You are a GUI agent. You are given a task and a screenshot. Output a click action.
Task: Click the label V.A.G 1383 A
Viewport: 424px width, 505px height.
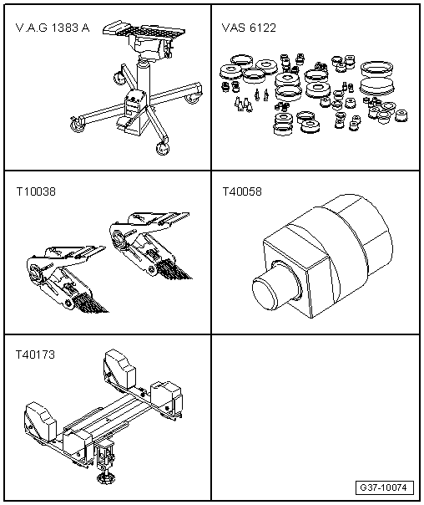coord(53,28)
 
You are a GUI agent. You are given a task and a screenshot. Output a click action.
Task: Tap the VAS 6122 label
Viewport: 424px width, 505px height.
coord(249,28)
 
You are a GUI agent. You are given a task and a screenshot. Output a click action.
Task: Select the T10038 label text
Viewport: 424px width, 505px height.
coord(36,192)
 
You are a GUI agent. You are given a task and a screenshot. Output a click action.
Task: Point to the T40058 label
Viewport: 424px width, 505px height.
coord(242,192)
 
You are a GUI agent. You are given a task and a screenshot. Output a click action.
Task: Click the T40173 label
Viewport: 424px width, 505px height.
coord(35,355)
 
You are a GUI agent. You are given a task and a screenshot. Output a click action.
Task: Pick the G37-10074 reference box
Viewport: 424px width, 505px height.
coord(385,487)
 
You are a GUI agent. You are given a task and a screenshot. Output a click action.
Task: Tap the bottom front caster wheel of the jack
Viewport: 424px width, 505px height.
coord(162,149)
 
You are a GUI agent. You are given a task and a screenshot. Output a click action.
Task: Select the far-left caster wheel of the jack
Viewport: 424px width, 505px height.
coord(77,125)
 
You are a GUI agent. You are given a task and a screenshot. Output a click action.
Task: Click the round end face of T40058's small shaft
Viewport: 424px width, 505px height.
coord(265,293)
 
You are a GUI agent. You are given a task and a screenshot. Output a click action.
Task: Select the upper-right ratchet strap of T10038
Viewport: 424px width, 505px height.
coord(150,245)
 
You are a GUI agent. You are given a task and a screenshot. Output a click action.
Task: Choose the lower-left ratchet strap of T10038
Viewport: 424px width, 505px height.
coord(67,279)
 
